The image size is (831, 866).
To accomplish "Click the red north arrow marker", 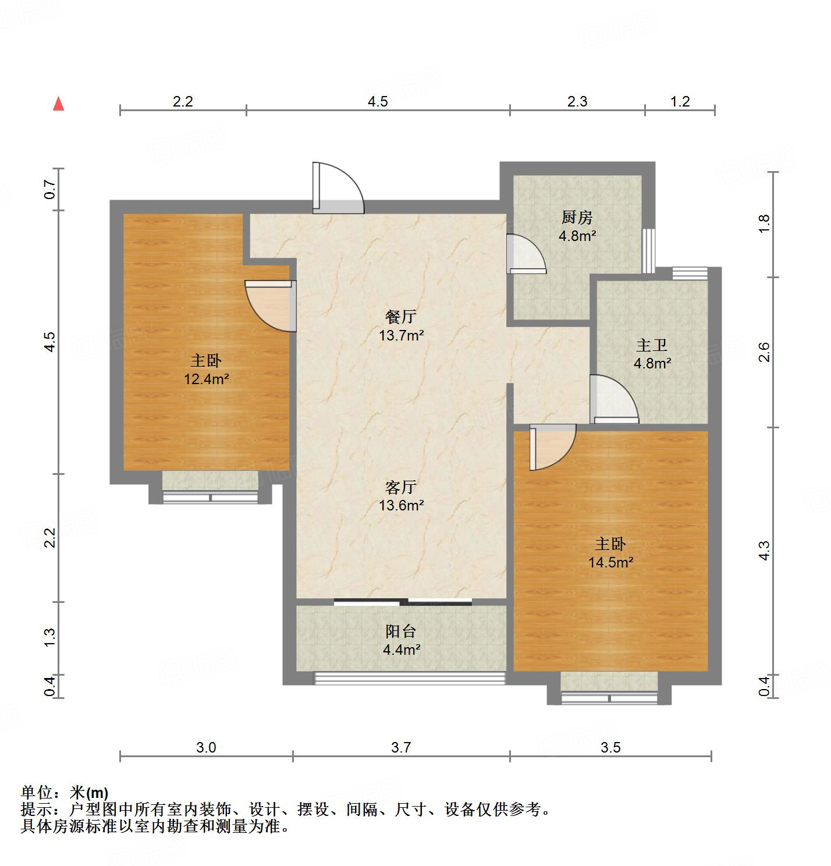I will pyautogui.click(x=58, y=104).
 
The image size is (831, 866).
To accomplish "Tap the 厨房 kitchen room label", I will pyautogui.click(x=577, y=218).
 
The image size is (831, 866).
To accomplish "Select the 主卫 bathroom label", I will pyautogui.click(x=651, y=346).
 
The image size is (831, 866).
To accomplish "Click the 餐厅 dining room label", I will pyautogui.click(x=401, y=317).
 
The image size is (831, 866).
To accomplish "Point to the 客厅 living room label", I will pyautogui.click(x=401, y=487).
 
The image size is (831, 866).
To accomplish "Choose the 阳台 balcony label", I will pyautogui.click(x=401, y=631).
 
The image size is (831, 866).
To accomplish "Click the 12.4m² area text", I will pyautogui.click(x=206, y=379).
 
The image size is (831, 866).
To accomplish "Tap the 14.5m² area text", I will pyautogui.click(x=610, y=562).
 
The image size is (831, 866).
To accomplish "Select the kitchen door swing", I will pyautogui.click(x=525, y=254).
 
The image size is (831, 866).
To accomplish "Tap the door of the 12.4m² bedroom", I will pyautogui.click(x=270, y=306).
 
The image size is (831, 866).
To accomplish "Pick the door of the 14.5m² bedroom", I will pyautogui.click(x=552, y=447).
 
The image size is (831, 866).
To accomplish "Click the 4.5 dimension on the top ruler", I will pyautogui.click(x=377, y=102).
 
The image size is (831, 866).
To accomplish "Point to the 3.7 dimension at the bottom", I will pyautogui.click(x=401, y=747).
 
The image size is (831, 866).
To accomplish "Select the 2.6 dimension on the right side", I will pyautogui.click(x=764, y=352).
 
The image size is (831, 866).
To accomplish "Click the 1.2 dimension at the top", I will pyautogui.click(x=680, y=102).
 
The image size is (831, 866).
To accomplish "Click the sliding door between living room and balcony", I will pyautogui.click(x=403, y=602).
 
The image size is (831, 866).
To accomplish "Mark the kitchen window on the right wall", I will pyautogui.click(x=649, y=250).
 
